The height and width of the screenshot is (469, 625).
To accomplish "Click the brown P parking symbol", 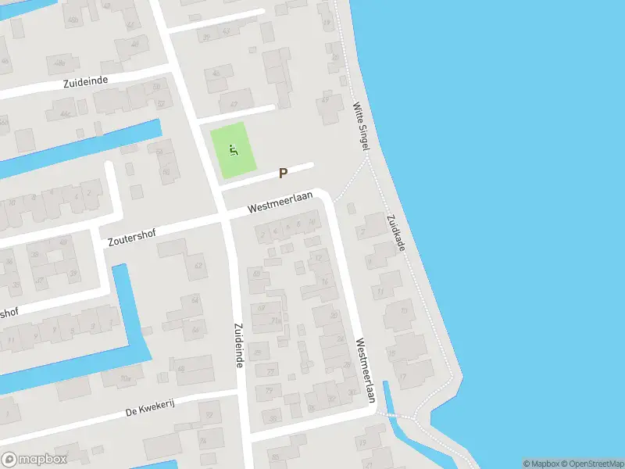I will [x=283, y=174].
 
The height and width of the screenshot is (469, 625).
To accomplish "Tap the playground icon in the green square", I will [x=233, y=149].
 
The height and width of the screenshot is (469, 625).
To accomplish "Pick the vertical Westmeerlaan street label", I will [x=365, y=370].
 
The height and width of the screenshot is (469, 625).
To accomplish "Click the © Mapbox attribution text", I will [x=539, y=464].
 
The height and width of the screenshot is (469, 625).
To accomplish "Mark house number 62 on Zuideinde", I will [x=198, y=266].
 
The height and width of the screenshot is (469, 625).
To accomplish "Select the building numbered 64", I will [x=195, y=300].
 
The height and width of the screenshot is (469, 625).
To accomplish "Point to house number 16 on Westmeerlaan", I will [x=325, y=282].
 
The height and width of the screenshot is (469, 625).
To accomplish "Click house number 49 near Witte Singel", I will [x=326, y=99].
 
